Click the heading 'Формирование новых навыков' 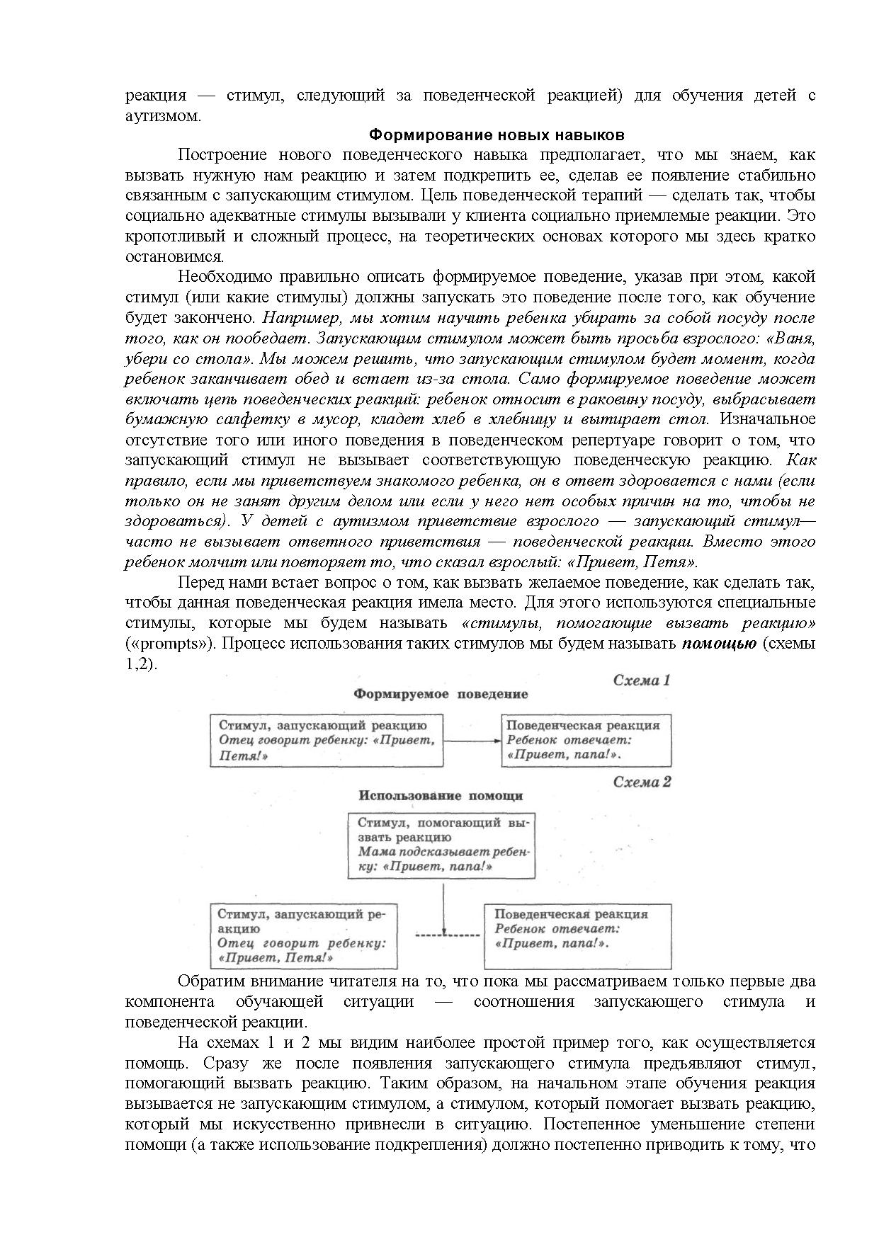497,135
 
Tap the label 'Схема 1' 641,681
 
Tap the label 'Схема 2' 642,782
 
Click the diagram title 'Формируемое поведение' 441,695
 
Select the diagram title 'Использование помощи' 441,796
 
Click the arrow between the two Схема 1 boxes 472,741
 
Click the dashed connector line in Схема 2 448,935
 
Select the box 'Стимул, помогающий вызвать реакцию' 441,845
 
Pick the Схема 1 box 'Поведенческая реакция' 586,741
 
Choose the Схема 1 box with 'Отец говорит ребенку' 327,741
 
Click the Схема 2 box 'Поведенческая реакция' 577,935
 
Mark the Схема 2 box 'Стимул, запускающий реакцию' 304,935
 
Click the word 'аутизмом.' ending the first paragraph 163,116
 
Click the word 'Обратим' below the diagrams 209,981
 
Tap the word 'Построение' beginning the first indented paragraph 222,155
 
